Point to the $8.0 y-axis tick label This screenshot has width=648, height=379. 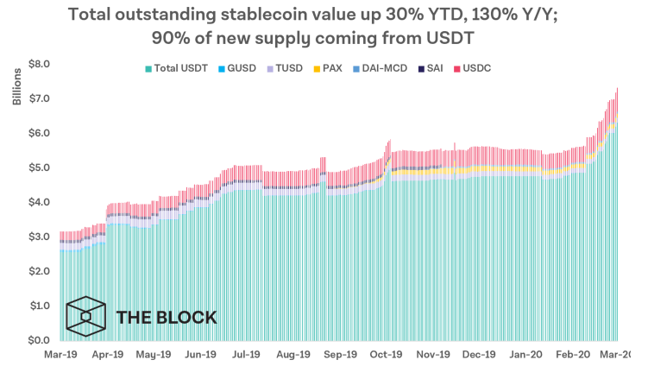[40, 64]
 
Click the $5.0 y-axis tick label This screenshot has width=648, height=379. [40, 167]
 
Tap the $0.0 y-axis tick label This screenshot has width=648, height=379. [40, 340]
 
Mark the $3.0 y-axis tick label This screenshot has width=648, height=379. [40, 237]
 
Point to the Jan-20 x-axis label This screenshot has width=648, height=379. [527, 355]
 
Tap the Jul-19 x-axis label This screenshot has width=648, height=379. [247, 355]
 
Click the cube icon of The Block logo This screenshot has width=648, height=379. [86, 317]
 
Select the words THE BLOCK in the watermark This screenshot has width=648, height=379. [166, 318]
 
